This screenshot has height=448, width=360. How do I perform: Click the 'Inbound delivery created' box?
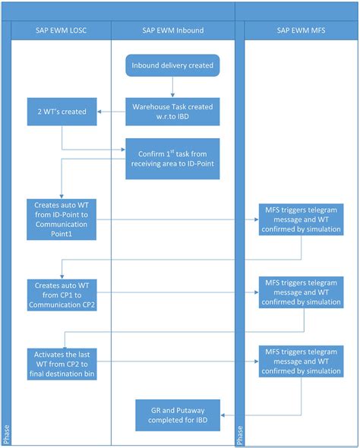coord(172,66)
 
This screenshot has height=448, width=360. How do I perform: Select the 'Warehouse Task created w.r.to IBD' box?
coord(172,110)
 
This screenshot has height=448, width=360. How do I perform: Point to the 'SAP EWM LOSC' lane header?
coord(62,30)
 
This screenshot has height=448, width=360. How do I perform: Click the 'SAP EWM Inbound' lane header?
coord(172,30)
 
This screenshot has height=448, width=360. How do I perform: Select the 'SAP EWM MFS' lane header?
coord(297,30)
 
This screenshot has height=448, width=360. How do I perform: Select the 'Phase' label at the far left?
coord(5,434)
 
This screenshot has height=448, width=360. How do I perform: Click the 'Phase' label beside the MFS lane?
coord(240,434)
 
